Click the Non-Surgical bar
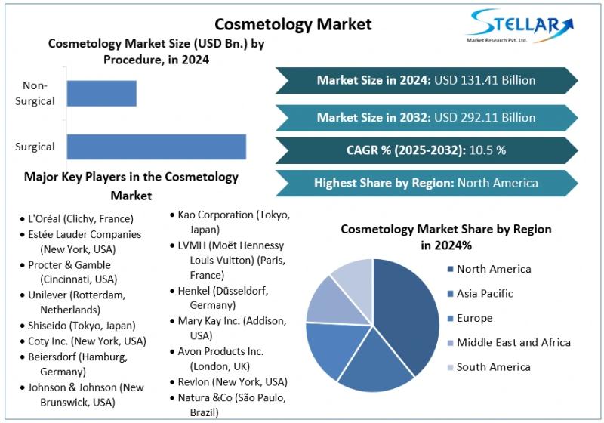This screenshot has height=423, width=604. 101,93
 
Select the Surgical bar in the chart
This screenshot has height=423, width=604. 156,147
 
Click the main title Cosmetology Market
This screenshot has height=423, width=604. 293,24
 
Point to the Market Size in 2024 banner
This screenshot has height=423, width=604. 426,80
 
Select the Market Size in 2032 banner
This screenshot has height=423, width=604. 426,117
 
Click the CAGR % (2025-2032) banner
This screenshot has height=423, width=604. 426,150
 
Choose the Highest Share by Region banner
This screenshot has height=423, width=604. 426,183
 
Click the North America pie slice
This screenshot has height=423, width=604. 408,310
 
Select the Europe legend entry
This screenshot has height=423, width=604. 474,318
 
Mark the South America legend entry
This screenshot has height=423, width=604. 493,366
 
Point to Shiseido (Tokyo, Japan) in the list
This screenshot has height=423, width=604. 82,326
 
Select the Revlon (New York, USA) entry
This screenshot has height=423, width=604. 230,381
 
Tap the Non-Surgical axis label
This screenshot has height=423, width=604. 35,94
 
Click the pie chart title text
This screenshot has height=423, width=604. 445,237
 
